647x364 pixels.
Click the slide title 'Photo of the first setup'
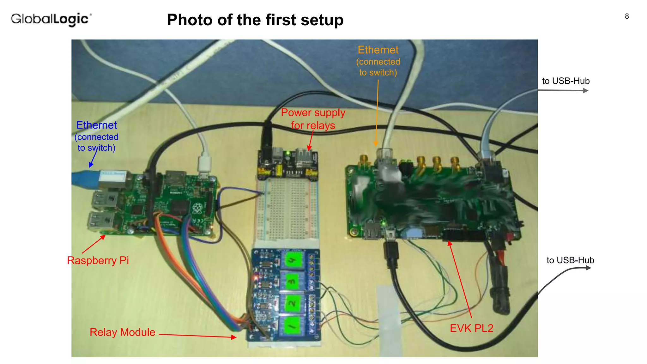click(255, 20)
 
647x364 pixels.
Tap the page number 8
click(627, 16)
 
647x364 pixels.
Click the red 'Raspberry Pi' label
click(98, 260)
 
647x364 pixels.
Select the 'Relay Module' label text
click(122, 332)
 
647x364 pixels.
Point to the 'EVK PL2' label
click(471, 328)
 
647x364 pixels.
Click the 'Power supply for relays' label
click(313, 119)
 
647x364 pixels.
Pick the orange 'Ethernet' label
click(378, 50)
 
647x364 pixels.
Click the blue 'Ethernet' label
click(96, 125)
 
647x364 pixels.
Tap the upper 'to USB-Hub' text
click(565, 81)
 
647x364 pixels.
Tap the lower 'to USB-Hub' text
click(570, 260)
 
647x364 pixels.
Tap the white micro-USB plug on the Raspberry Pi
click(204, 164)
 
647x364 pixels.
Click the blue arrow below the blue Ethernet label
click(93, 160)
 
